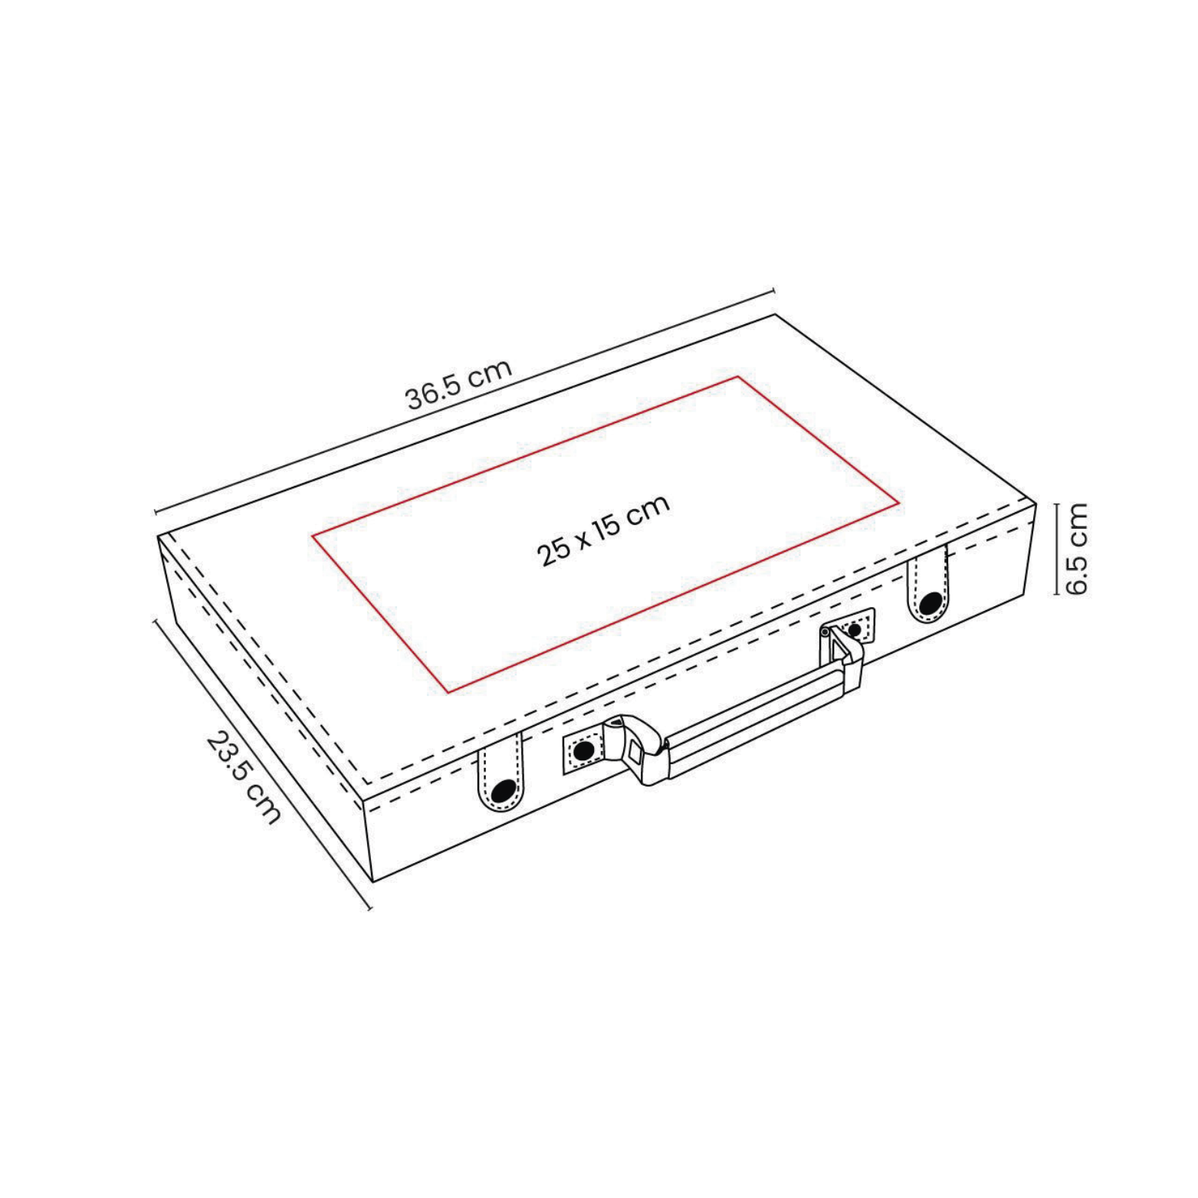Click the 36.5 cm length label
[x=458, y=384]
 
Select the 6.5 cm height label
[x=1076, y=549]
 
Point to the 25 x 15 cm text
[x=603, y=530]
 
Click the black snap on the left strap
[x=503, y=790]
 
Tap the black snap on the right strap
[x=931, y=603]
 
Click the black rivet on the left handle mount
[x=583, y=751]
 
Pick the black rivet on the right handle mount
[x=854, y=630]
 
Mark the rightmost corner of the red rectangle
[x=898, y=504]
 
